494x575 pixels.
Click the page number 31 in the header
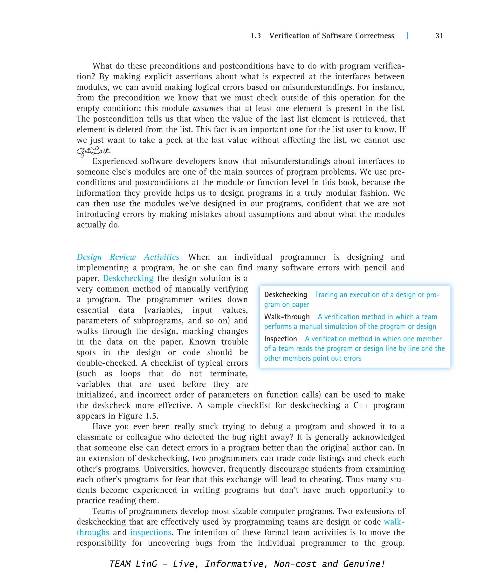tap(439, 36)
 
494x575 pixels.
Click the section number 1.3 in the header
tap(256, 36)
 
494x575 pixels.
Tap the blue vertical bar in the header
tap(407, 36)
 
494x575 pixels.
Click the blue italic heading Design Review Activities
tap(128, 257)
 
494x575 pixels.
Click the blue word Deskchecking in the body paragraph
tap(128, 278)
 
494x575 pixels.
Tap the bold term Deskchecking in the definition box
tap(286, 294)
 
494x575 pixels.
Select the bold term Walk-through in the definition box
tap(287, 317)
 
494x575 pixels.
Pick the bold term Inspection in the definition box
tap(281, 339)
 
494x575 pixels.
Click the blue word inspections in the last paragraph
tap(151, 532)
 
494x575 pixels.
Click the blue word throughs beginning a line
tap(93, 532)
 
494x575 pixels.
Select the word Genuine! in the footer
tap(364, 564)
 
